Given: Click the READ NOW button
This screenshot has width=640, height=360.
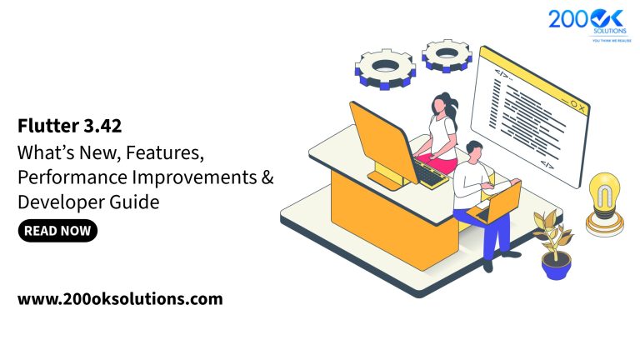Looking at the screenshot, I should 57,231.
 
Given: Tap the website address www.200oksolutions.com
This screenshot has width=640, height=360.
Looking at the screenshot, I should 120,298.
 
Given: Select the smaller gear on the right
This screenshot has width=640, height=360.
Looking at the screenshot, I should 447,55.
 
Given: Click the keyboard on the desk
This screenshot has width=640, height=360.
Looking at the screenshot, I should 431,173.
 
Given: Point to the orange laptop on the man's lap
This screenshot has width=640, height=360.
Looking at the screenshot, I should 498,203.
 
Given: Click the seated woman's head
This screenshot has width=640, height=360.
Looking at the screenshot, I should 441,107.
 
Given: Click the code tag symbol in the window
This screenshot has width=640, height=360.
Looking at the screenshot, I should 502,73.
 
